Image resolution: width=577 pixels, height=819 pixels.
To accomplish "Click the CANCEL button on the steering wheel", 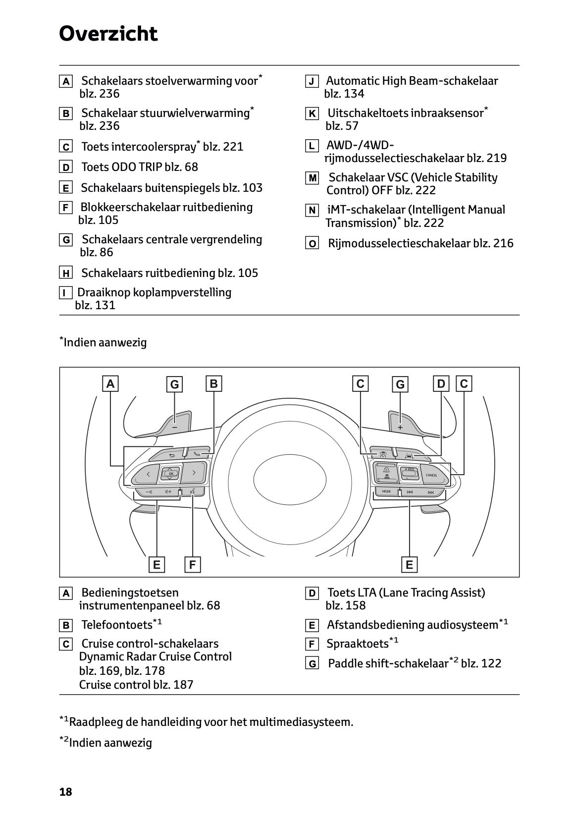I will click(x=431, y=475).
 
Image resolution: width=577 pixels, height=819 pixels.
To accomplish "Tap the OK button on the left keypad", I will click(x=170, y=474).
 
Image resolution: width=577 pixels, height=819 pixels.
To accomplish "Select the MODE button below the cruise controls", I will click(x=386, y=491).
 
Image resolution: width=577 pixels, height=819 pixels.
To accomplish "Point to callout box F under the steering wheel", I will click(x=192, y=564).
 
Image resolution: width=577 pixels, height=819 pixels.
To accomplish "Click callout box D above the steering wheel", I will click(x=441, y=383).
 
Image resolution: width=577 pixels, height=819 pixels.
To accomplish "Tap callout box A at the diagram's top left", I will click(x=111, y=383).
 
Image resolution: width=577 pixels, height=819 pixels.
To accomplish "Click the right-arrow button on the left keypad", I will click(x=194, y=473).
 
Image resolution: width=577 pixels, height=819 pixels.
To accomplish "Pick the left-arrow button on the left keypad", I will click(x=148, y=474).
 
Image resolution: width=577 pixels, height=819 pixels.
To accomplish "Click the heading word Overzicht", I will click(x=108, y=34).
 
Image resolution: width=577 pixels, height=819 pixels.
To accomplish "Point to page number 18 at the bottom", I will click(x=65, y=792).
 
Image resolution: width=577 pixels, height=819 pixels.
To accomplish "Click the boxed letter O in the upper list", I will click(x=312, y=244).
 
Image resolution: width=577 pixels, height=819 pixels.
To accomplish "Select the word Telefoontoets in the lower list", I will click(x=117, y=624).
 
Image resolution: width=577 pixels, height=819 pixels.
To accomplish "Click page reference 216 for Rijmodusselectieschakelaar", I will click(x=503, y=243).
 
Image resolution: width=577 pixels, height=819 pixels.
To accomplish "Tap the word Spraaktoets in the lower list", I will click(x=358, y=644).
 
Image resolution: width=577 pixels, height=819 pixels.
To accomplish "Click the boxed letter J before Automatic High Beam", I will click(x=312, y=82).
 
